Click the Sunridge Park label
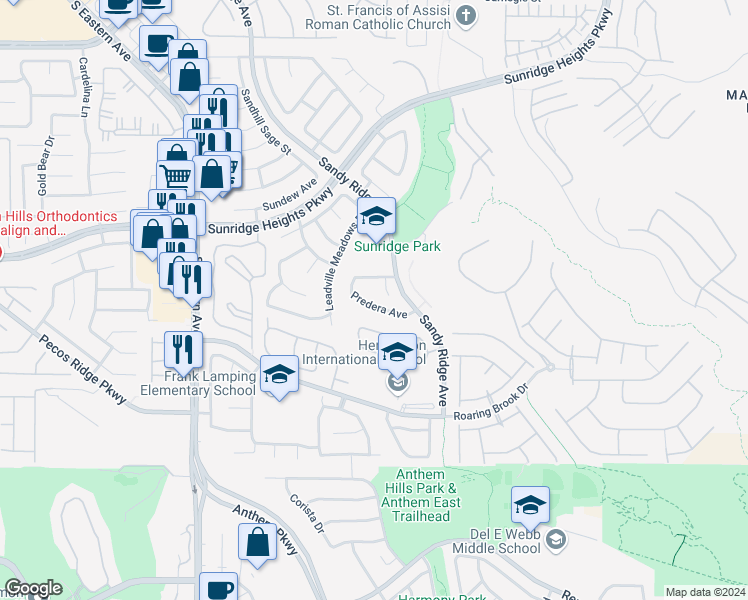(x=398, y=246)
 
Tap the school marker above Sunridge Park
(x=376, y=216)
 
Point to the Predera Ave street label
(x=379, y=303)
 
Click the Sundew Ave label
(x=290, y=194)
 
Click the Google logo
(x=33, y=588)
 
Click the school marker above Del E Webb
(x=530, y=504)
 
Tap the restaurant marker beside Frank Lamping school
(x=183, y=349)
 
